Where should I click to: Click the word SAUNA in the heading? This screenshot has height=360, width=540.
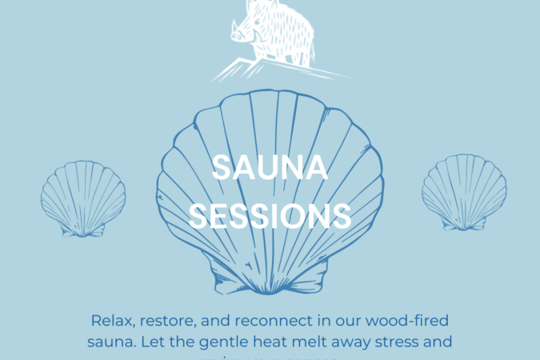270,169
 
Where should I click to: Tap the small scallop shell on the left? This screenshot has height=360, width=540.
83,198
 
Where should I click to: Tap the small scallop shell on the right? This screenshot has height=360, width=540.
464,193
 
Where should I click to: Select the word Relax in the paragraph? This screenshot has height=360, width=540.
113,322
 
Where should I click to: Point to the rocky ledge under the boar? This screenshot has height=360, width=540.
272,70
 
